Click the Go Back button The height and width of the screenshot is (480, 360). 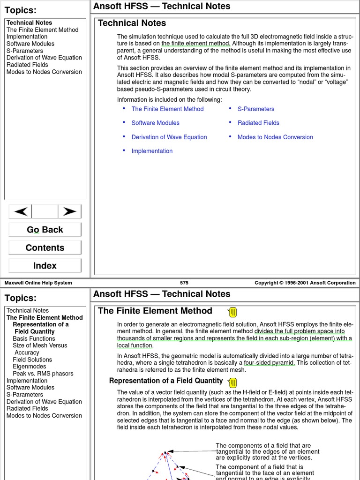tap(45, 230)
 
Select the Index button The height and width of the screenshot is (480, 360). tap(45, 266)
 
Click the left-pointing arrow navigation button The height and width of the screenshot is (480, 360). tap(21, 211)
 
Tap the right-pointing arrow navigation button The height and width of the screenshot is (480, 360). tap(69, 211)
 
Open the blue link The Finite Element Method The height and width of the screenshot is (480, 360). tap(167, 109)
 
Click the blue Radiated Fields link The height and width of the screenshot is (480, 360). tap(258, 123)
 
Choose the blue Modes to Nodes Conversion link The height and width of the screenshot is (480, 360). tap(275, 137)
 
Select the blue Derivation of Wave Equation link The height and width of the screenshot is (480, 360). tap(169, 137)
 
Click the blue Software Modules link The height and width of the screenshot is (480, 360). tap(155, 123)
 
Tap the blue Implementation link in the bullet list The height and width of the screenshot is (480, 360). tap(152, 151)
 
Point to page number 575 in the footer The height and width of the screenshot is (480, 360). tap(184, 283)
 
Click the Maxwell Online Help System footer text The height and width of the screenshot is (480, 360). tap(38, 283)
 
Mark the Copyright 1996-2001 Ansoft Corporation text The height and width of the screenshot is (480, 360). tap(305, 283)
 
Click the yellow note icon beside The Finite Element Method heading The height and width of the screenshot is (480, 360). tap(233, 312)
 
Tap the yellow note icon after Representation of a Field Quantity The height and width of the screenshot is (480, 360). tap(232, 382)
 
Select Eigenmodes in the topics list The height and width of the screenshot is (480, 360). tap(29, 367)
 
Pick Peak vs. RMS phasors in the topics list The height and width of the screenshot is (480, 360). tap(43, 374)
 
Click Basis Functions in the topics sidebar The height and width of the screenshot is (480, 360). tap(34, 338)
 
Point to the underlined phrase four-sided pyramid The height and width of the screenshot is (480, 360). tap(269, 363)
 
